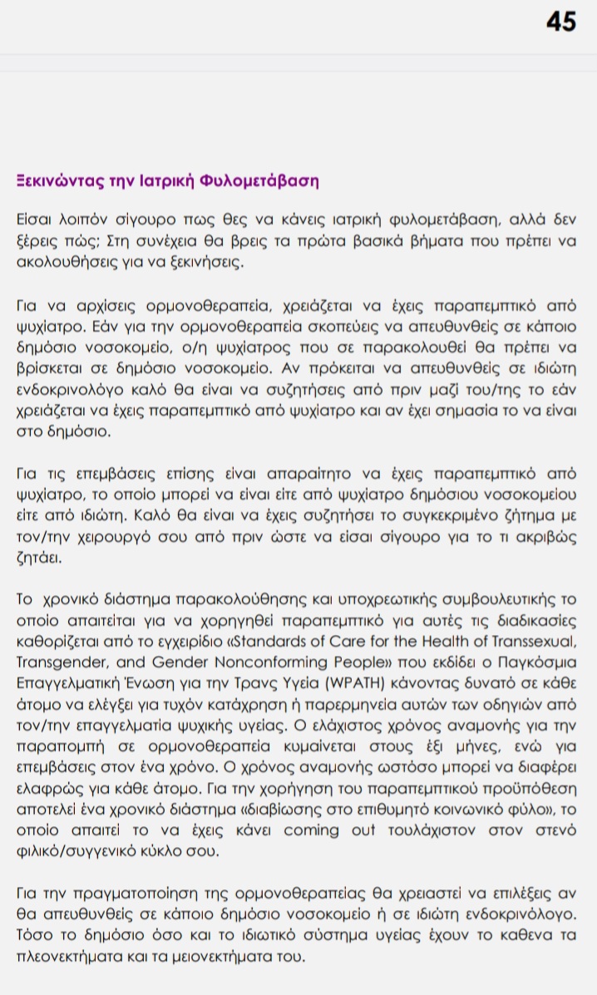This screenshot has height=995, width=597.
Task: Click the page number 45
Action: click(560, 22)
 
